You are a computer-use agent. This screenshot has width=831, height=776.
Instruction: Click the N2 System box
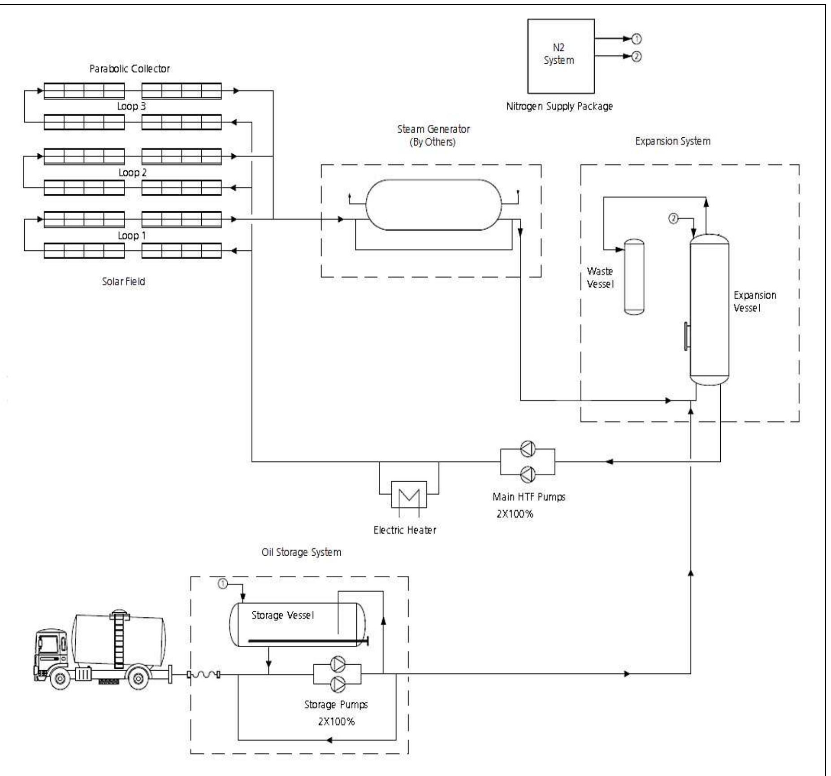[x=560, y=56]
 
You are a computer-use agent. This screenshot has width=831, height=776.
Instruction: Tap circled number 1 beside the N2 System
[x=636, y=39]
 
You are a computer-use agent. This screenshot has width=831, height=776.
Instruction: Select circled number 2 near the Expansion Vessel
[x=673, y=218]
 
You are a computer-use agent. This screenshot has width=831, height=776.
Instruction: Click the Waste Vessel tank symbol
[x=634, y=277]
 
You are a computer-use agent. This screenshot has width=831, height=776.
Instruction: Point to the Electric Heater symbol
[x=408, y=495]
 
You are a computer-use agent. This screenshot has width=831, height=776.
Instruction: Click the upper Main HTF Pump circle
[x=528, y=449]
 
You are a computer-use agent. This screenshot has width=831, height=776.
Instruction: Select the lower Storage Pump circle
[x=337, y=684]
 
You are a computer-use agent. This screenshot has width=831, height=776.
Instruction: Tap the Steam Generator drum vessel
[x=433, y=205]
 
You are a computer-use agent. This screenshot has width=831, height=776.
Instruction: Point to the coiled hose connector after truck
[x=203, y=674]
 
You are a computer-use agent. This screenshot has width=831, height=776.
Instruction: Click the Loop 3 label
[x=131, y=106]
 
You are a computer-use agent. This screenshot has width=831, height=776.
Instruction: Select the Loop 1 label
[x=131, y=235]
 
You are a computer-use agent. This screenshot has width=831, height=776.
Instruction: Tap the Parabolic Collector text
[x=130, y=69]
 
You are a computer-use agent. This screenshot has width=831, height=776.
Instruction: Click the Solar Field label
[x=123, y=282]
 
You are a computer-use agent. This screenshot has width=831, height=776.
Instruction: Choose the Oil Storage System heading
[x=301, y=552]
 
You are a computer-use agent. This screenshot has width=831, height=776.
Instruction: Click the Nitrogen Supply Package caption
[x=559, y=106]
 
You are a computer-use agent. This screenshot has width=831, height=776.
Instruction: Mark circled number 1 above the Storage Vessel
[x=223, y=584]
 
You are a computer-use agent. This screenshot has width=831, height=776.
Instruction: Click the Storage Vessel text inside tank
[x=282, y=615]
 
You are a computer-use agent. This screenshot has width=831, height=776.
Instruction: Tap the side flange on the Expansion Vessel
[x=686, y=336]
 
